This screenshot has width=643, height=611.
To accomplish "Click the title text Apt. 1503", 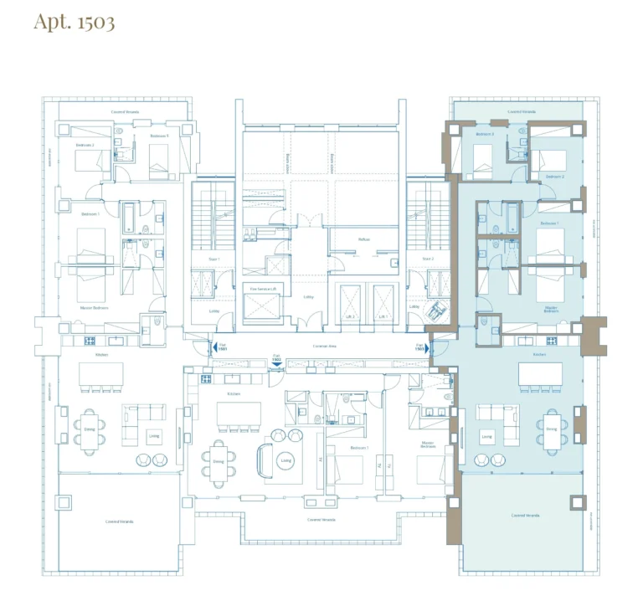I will click(x=74, y=22).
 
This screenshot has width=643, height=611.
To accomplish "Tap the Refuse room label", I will click(x=363, y=239).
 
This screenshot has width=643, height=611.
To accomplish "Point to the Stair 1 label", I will click(x=215, y=259).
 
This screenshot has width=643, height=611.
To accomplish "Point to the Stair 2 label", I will click(x=428, y=259).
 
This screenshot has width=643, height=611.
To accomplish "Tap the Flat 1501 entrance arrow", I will click(x=214, y=346).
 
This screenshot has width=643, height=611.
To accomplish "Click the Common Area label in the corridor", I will click(x=321, y=346).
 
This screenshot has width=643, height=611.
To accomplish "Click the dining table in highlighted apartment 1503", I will click(x=552, y=424).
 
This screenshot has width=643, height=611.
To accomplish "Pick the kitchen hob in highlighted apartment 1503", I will click(x=552, y=341).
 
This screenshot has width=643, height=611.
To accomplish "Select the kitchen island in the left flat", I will click(x=101, y=374).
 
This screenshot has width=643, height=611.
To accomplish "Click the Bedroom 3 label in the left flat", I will click(x=159, y=136).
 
